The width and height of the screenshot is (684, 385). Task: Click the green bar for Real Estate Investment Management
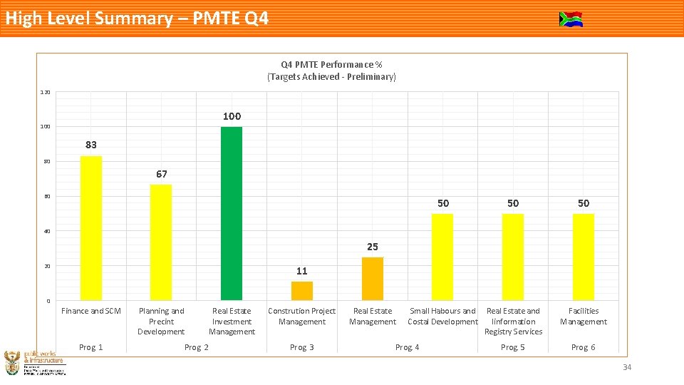[232, 213]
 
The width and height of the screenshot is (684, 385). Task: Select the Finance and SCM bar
[91, 227]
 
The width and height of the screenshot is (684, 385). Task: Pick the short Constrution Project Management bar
[302, 291]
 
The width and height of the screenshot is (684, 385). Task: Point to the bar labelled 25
[373, 279]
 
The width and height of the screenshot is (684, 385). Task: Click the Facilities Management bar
[584, 257]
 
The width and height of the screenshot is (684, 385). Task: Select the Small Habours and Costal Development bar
[442, 257]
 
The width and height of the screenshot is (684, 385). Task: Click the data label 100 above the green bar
[232, 116]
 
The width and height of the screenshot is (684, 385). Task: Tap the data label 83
[91, 145]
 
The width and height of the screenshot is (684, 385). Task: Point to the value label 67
[161, 174]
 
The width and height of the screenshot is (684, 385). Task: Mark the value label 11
[302, 271]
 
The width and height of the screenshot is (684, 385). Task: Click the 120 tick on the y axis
[45, 92]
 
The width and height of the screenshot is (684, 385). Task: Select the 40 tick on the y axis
[46, 231]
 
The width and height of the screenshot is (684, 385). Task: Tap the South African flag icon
[571, 19]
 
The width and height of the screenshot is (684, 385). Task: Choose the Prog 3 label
[302, 347]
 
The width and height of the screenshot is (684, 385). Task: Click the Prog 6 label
[584, 347]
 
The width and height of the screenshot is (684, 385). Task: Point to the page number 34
[627, 367]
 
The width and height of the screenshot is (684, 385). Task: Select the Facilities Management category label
[584, 316]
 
